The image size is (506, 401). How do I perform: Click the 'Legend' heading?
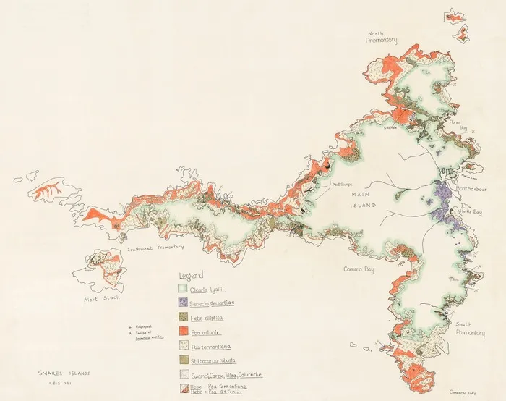(x=192, y=276)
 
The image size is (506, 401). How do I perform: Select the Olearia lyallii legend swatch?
(x=184, y=289)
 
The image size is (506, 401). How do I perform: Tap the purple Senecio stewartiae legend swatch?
(x=184, y=303)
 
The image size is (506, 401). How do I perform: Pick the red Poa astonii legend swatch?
(x=184, y=332)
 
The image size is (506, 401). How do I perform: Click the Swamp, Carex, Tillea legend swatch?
(x=184, y=374)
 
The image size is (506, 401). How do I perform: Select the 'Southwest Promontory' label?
(x=155, y=247)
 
